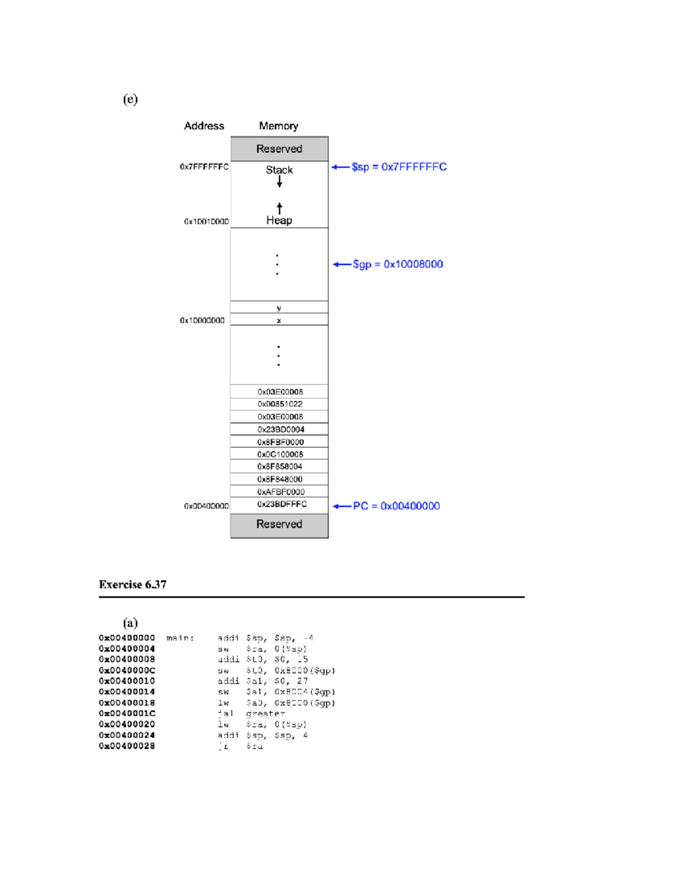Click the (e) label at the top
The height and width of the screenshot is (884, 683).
pyautogui.click(x=130, y=100)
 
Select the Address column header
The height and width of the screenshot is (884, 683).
pyautogui.click(x=204, y=126)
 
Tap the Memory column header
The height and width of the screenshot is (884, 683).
pyautogui.click(x=278, y=126)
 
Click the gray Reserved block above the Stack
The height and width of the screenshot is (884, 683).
pyautogui.click(x=279, y=149)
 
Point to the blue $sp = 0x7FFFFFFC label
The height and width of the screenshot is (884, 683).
pyautogui.click(x=398, y=167)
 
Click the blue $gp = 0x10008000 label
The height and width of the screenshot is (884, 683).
pyautogui.click(x=397, y=264)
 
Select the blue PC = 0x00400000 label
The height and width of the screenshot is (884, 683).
pyautogui.click(x=396, y=506)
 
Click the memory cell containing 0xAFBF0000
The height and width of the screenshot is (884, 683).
pyautogui.click(x=281, y=492)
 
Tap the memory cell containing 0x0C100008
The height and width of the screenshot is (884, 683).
pyautogui.click(x=280, y=454)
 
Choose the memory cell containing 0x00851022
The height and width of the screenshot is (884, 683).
pyautogui.click(x=279, y=404)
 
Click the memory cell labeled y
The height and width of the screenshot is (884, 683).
pyautogui.click(x=279, y=308)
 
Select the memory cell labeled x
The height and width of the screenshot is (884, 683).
pyautogui.click(x=279, y=320)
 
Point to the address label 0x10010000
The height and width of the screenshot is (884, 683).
pyautogui.click(x=206, y=221)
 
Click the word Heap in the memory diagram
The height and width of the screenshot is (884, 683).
pyautogui.click(x=279, y=220)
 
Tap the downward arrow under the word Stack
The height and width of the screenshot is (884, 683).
pyautogui.click(x=279, y=182)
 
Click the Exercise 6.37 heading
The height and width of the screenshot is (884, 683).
pyautogui.click(x=133, y=585)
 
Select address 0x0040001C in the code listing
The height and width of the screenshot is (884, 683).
pyautogui.click(x=127, y=713)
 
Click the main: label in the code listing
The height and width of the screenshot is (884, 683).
pyautogui.click(x=180, y=638)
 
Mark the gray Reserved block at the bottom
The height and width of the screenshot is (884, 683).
pyautogui.click(x=279, y=524)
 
